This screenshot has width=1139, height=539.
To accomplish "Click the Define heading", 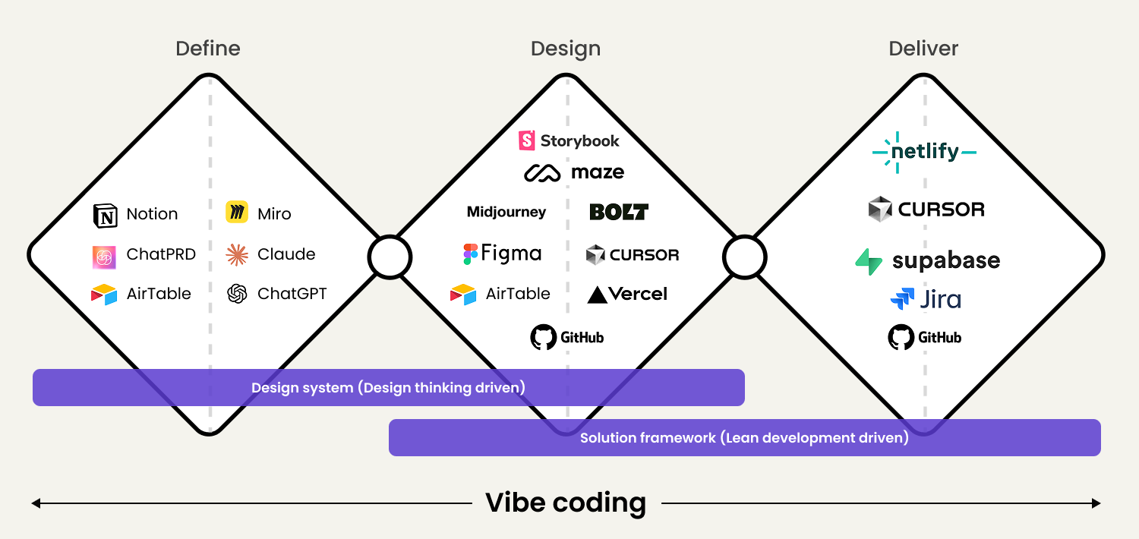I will point(207,49).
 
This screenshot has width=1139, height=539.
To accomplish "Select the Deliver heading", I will point(923,49).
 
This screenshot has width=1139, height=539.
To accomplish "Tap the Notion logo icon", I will point(105,216).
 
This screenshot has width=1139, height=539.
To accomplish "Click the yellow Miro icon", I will point(237,213).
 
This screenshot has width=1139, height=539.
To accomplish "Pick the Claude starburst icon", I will point(237,255).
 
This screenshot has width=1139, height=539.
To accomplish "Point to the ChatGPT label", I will point(292,294).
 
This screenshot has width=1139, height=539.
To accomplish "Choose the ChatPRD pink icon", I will point(104,257).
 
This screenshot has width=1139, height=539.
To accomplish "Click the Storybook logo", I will point(569,140).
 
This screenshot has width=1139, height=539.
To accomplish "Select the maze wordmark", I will point(598,172).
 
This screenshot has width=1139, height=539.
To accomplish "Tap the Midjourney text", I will point(506,213).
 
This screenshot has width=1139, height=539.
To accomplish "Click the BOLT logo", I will point(619,212).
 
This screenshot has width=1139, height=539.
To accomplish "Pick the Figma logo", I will point(502,254).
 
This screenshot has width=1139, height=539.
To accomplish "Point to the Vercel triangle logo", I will point(598,295).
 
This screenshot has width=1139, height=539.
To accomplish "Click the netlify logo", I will point(924,152).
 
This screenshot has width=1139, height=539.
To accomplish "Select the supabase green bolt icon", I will point(869,261).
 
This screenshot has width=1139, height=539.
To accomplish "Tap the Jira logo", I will point(925,299).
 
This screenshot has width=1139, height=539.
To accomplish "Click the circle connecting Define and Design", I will point(390,258).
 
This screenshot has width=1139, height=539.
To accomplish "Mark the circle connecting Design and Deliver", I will point(745,258).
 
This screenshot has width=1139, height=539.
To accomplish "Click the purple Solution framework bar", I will point(744,438).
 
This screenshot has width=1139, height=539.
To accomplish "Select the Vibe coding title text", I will point(566,503).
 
